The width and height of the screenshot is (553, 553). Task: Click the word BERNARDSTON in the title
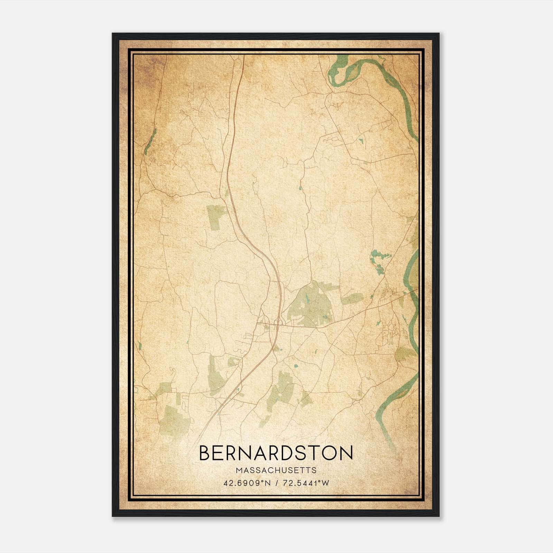(276, 453)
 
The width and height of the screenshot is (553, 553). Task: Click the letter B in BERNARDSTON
(204, 453)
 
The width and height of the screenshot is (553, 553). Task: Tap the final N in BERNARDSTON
(346, 453)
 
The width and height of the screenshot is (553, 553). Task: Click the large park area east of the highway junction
(311, 304)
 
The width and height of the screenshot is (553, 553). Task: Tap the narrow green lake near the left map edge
(150, 142)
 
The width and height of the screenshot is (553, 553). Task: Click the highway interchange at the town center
(276, 323)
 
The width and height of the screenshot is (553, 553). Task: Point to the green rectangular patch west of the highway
(216, 216)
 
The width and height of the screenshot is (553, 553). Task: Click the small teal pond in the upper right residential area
(361, 141)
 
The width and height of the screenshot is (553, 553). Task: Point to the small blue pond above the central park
(300, 188)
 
